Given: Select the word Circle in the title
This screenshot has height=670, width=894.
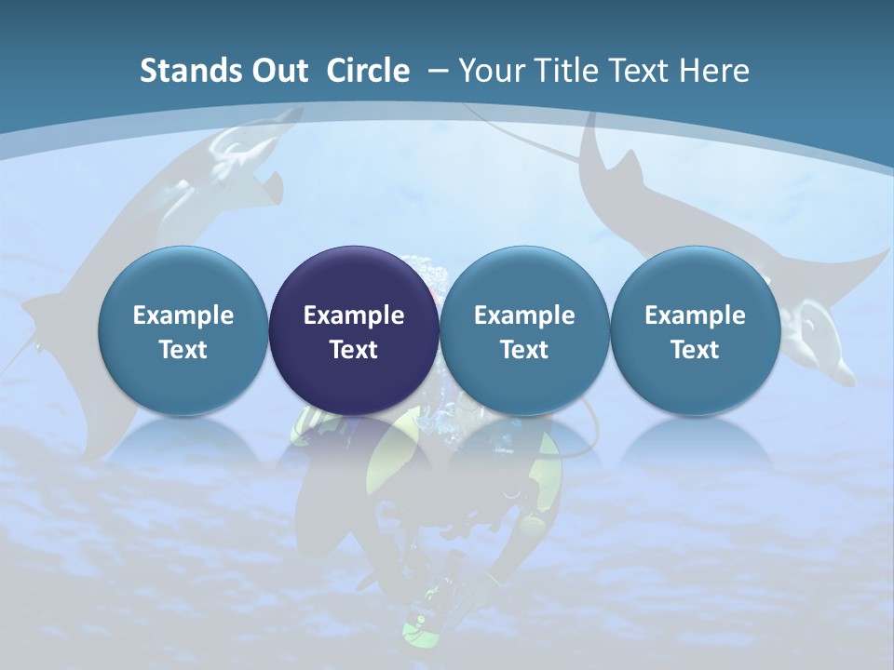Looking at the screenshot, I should coord(368,71).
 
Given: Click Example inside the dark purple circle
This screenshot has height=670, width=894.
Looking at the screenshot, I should coord(354,315).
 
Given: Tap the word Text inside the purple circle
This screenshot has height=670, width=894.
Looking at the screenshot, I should coord(354,350).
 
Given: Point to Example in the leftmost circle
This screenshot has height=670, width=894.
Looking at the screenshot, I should coord(183,315).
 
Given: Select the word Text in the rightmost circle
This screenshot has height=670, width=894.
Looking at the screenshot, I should coord(695,350).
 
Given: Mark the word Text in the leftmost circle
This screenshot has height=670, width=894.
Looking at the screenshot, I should coord(183,350).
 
